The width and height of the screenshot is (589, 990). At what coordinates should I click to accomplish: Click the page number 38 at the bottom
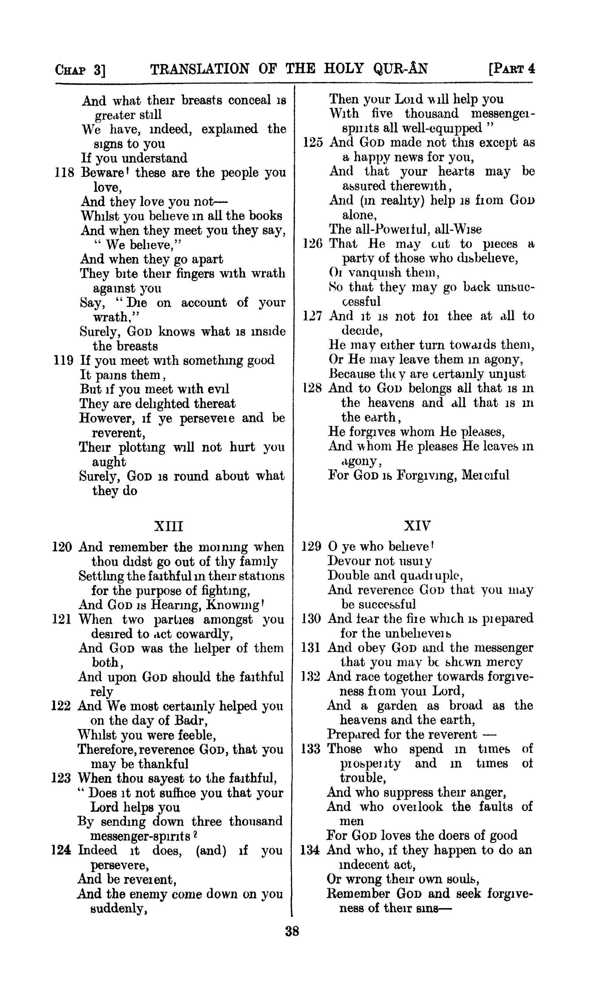pos(292,931)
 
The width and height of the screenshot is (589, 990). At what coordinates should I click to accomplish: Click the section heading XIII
pos(168,526)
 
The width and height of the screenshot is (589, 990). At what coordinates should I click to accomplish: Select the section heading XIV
pos(417,526)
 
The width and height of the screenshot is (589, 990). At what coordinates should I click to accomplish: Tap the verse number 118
pos(64,173)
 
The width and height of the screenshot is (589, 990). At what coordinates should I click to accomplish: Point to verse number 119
pos(64,360)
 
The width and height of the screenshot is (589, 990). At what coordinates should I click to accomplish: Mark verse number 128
pos(312,388)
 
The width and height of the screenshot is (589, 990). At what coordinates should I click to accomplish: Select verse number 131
pos(311,647)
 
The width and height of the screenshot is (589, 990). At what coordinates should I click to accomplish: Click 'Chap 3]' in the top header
pos(80,70)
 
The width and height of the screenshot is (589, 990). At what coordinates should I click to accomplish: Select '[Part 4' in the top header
pos(512,69)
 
